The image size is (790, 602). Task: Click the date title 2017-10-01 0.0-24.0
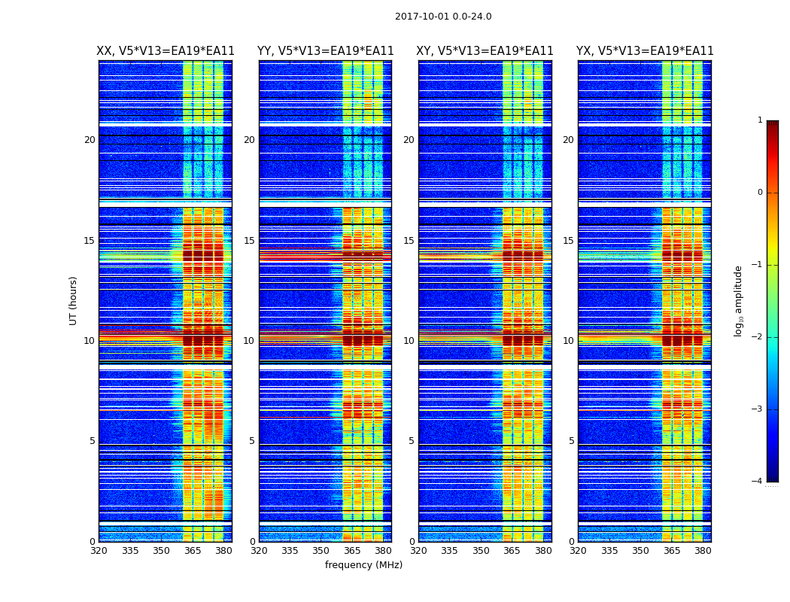tap(443, 17)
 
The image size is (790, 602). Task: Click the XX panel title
tap(166, 51)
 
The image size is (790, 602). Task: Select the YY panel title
tap(325, 51)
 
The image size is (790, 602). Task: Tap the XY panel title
tap(485, 51)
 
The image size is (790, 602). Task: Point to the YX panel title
tap(645, 51)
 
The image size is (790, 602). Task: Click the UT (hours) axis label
tap(74, 300)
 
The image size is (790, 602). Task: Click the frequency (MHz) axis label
tap(363, 565)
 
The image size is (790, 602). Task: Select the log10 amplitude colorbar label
tap(739, 300)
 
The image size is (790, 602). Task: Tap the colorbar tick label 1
tap(760, 120)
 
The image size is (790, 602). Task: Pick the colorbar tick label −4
tap(758, 482)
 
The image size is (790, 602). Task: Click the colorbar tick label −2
tap(758, 337)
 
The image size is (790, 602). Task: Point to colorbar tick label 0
tap(760, 193)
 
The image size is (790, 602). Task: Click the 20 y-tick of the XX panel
tap(90, 140)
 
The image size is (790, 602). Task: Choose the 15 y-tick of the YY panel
tap(249, 241)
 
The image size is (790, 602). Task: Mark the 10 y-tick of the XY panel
tap(409, 341)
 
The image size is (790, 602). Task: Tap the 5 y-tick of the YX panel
tap(571, 441)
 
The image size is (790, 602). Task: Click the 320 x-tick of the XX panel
tap(99, 551)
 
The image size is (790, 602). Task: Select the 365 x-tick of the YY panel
tap(352, 551)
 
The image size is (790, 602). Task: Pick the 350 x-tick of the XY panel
tap(481, 551)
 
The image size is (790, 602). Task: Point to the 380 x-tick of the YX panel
tap(703, 551)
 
